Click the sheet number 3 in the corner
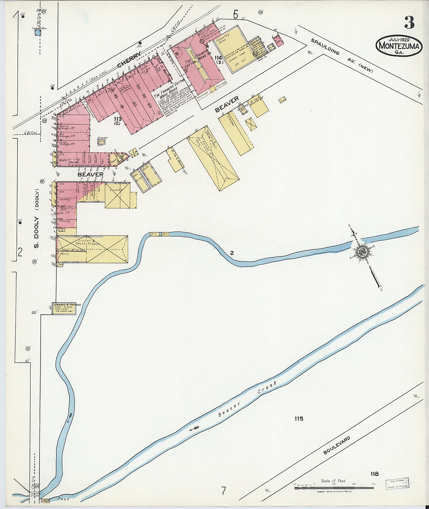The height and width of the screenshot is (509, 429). [x=409, y=23]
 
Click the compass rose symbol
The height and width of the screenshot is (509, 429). [x=362, y=252]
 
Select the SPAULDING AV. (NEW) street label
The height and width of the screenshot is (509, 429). [x=342, y=56]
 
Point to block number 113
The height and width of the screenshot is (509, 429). [x=117, y=119]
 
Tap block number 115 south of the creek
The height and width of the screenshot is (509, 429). [x=299, y=419]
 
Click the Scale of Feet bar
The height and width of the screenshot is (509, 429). [x=334, y=488]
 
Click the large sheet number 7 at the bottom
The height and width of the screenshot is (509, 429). [x=223, y=491]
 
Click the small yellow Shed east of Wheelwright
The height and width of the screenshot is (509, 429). [x=283, y=100]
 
